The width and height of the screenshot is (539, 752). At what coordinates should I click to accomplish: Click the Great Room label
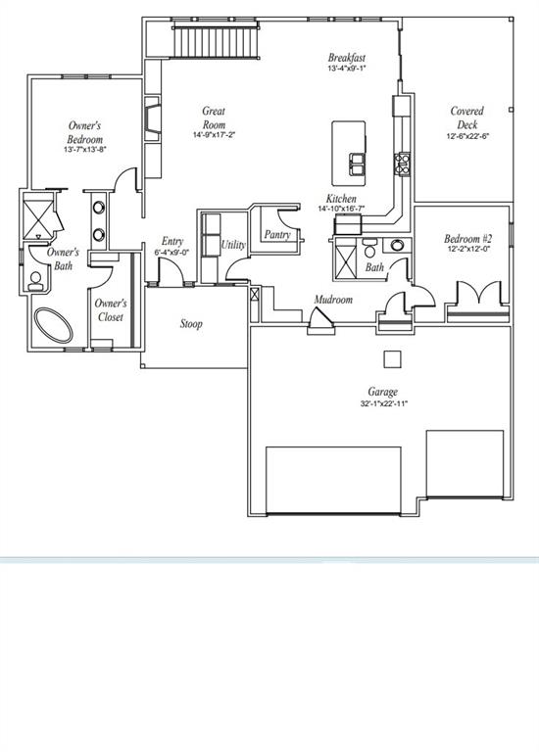pos(214,118)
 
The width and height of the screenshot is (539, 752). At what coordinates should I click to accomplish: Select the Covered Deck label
pos(466,117)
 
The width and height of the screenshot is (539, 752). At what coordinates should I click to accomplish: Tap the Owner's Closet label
pos(110,310)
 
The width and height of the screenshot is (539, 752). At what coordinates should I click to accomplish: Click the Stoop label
pos(191,324)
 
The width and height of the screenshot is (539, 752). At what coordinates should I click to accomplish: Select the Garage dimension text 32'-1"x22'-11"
pos(382,403)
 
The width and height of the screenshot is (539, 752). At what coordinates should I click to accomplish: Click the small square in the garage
pos(392,357)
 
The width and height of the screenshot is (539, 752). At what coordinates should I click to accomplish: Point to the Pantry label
pos(277,235)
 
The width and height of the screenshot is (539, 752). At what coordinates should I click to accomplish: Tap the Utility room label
pos(233,246)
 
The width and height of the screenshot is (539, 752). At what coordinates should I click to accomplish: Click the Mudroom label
pos(333,300)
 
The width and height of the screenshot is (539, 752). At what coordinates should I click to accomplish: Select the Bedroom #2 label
pos(467,239)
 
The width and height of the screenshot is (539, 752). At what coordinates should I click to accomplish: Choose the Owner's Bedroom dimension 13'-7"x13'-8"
pos(84,150)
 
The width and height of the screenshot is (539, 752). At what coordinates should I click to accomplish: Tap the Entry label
pos(172,242)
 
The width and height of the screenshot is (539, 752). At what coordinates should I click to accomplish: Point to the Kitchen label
pos(341,199)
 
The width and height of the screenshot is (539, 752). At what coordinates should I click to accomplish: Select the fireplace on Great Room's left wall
pos(153,116)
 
